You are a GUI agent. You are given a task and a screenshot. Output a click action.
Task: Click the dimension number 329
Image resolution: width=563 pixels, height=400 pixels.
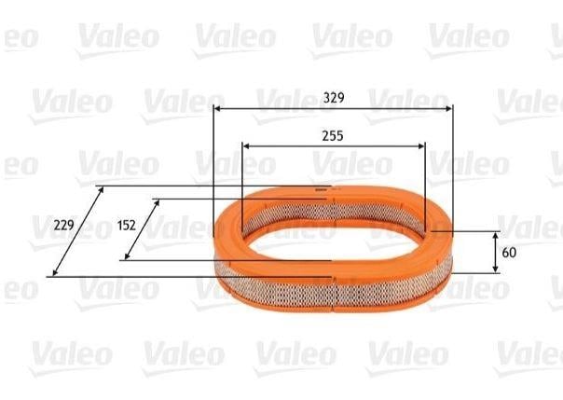pyautogui.click(x=334, y=97)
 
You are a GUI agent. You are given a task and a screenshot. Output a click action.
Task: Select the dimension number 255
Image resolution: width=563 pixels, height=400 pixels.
pyautogui.click(x=333, y=136)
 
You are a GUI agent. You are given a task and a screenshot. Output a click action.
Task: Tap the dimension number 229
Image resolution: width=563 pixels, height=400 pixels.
pyautogui.click(x=64, y=225)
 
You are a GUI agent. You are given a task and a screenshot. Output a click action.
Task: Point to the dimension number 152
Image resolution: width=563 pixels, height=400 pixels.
pyautogui.click(x=127, y=225)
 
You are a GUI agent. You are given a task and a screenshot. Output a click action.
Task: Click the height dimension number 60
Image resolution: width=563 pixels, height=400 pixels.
pyautogui.click(x=509, y=253)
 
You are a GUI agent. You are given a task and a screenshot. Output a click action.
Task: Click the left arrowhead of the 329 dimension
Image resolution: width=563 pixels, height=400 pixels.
pyautogui.click(x=217, y=108)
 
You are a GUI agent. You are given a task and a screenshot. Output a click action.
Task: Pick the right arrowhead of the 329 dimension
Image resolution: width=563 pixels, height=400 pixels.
pyautogui.click(x=449, y=108)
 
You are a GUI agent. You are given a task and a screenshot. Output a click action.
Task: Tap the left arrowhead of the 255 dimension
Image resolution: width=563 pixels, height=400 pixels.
pyautogui.click(x=246, y=145)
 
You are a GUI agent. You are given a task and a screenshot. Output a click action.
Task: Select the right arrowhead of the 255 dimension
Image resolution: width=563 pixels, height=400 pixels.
pyautogui.click(x=421, y=145)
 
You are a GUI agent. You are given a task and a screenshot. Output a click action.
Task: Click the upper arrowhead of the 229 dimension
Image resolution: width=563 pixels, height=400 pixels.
pyautogui.click(x=101, y=189)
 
